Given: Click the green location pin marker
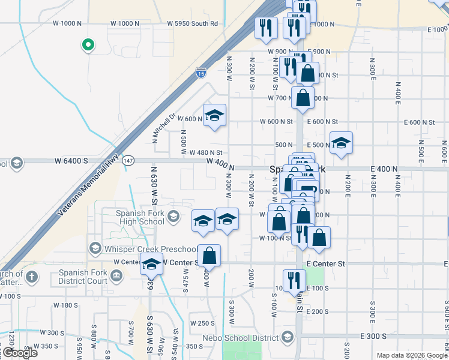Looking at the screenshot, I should coord(88,44).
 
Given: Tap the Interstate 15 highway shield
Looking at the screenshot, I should coord(200,74).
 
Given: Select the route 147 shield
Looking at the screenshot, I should coord(128,161).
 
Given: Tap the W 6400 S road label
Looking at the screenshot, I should coord(71,161).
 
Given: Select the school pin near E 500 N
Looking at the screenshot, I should coord(341,143).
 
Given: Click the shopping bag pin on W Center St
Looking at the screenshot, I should coord(209,256).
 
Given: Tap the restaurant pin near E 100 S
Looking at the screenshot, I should coord(294,280).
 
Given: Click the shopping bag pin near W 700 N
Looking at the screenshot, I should coord(303,98).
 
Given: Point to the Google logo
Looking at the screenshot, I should coord(20,353).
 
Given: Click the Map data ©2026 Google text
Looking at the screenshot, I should coord(412,355).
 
